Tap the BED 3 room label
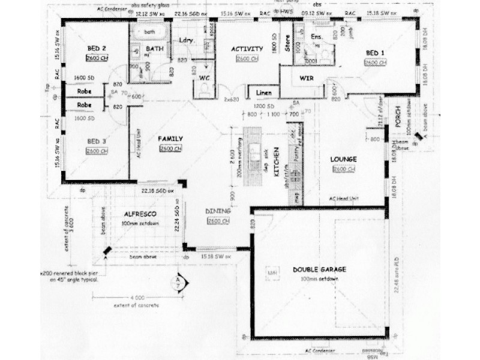click(96, 142)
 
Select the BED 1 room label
click(375, 53)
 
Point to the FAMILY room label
click(170, 139)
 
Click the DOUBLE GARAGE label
click(320, 269)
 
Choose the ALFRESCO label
click(140, 214)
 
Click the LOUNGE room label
click(344, 159)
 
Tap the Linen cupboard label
click(263, 93)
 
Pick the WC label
click(204, 78)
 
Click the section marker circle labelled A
click(178, 280)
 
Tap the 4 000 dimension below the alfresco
click(137, 298)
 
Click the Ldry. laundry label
click(185, 40)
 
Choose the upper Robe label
click(83, 92)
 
